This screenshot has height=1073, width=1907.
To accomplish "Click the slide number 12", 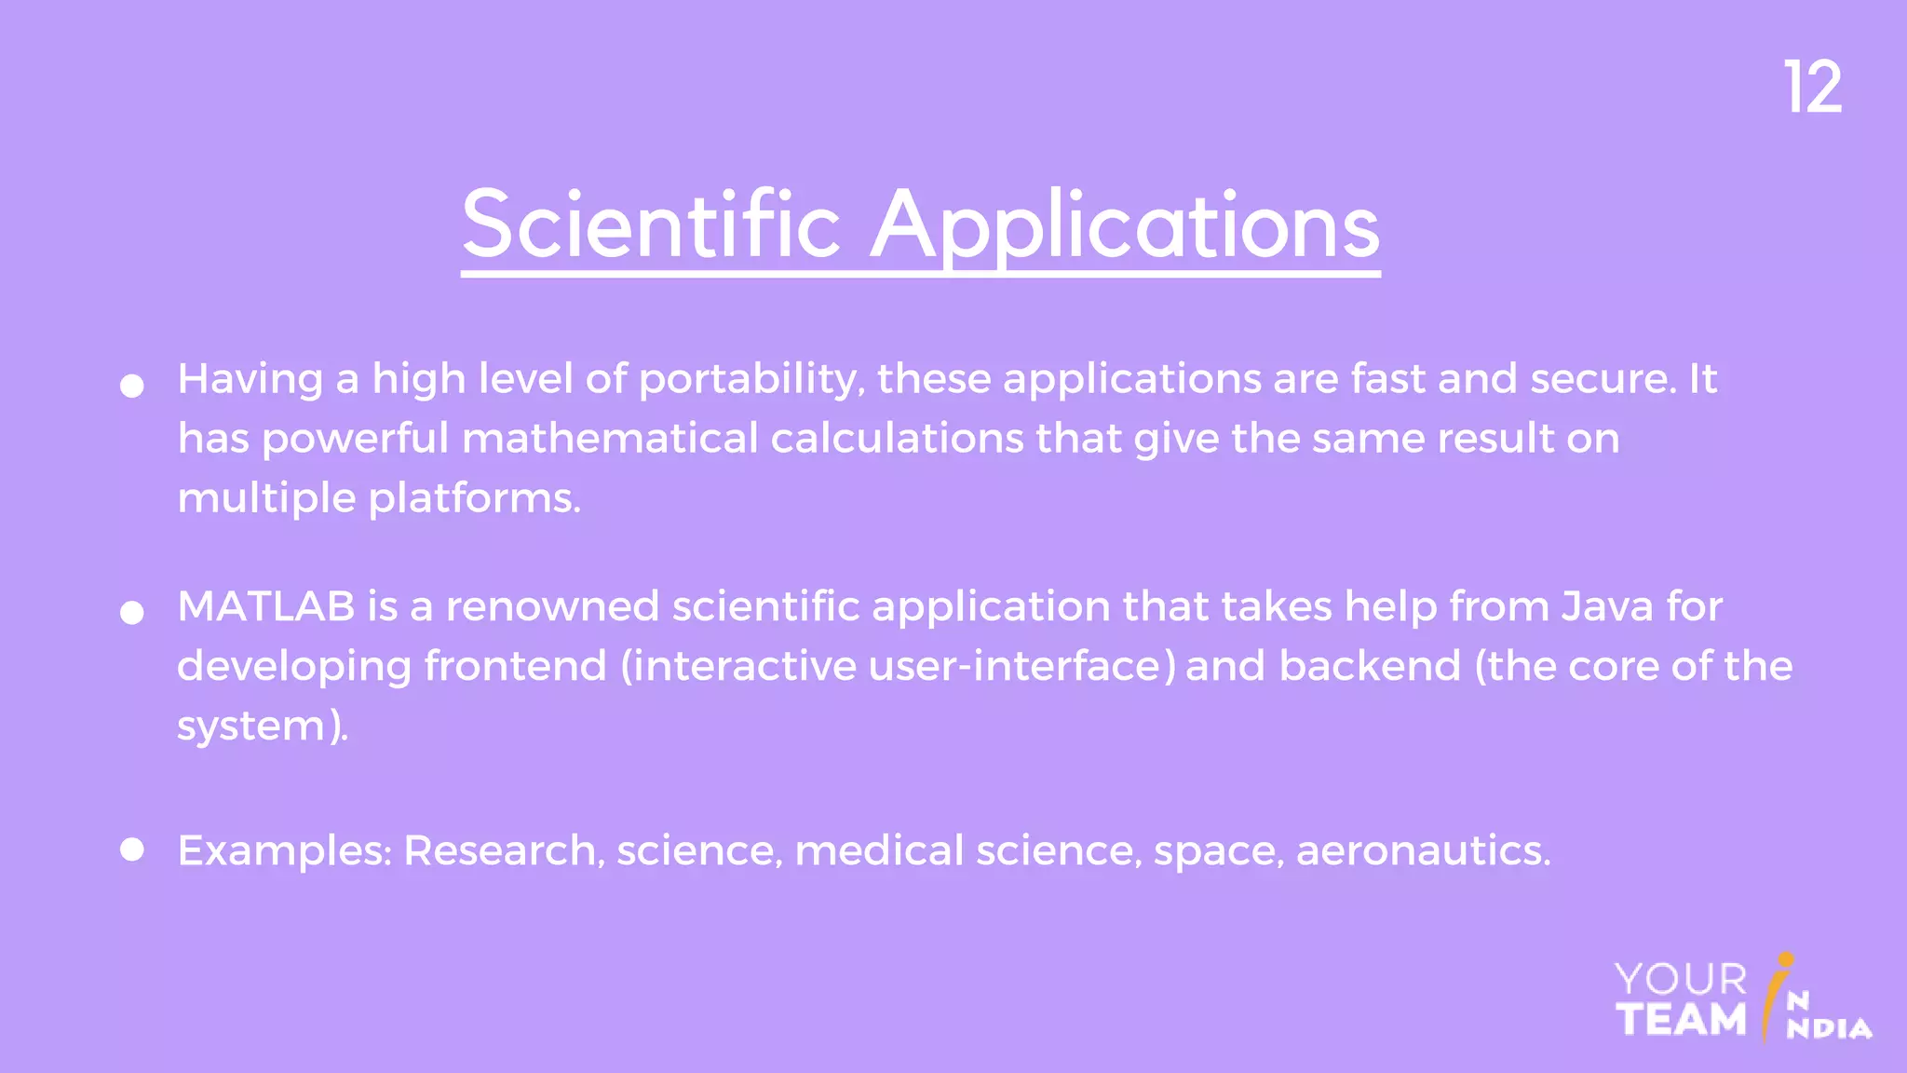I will point(1812,88).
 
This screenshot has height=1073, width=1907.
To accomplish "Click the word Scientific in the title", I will point(651,224).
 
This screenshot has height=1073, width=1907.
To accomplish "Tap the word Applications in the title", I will point(1125,224).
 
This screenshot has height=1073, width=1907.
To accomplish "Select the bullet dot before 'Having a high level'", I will point(132,386).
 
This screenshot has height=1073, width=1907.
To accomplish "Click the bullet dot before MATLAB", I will point(132,612).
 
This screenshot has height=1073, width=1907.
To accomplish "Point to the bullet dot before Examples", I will point(132,849).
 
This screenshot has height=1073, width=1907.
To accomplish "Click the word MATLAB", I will point(266,606).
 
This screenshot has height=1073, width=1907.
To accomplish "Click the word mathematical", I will point(610,439).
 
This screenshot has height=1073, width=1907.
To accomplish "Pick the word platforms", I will point(474,499).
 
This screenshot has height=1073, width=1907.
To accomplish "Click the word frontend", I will point(515,666).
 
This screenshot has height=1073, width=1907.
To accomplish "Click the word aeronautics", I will point(1423,850).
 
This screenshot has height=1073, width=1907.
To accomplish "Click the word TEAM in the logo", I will point(1681,1020).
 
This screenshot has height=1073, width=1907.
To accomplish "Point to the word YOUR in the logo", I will point(1681,980).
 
